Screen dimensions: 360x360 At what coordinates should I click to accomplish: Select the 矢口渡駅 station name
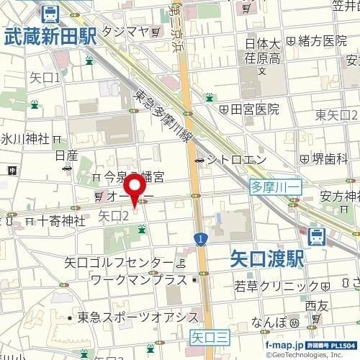(x=269, y=257)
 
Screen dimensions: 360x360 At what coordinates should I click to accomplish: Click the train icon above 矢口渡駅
(x=315, y=235)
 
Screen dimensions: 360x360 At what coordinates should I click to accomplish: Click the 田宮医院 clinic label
(x=253, y=109)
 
